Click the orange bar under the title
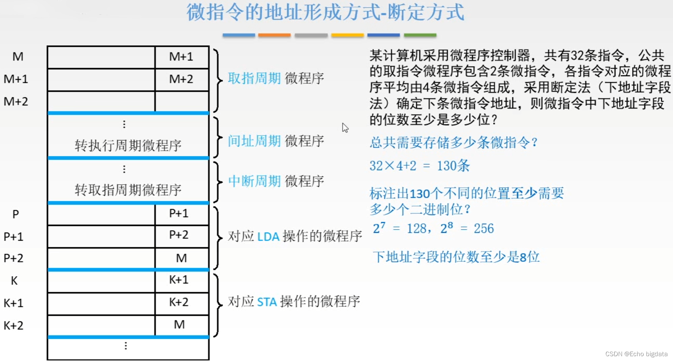[274, 35]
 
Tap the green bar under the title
[420, 35]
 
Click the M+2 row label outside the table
[16, 101]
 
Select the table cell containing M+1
[181, 57]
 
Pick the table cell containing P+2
[179, 235]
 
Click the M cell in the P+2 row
[181, 258]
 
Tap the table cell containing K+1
[179, 280]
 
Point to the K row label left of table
[14, 281]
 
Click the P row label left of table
[15, 214]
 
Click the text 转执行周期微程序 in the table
[128, 145]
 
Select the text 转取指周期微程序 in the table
[128, 190]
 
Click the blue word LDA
[268, 237]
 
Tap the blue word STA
[267, 302]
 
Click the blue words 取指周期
[254, 78]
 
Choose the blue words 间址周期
[254, 141]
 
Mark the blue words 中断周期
[254, 181]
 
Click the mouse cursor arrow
[345, 127]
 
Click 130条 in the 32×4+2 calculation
[453, 166]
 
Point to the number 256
[484, 228]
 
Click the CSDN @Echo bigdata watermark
[636, 354]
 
